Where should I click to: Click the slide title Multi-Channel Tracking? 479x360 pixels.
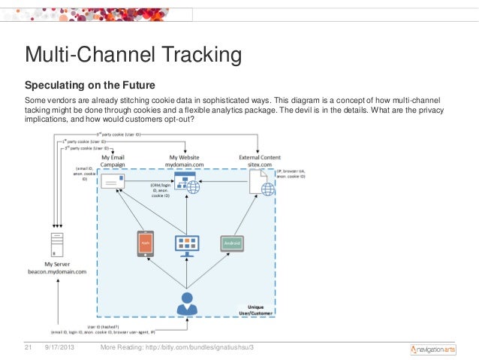(x=133, y=55)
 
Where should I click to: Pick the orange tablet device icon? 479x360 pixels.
(x=146, y=244)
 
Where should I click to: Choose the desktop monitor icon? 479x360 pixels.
(x=186, y=244)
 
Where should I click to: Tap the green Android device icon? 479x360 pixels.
(x=231, y=244)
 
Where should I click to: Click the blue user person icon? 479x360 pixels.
(x=186, y=304)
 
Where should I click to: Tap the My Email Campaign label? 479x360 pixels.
(x=112, y=160)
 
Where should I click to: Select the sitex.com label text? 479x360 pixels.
(x=260, y=164)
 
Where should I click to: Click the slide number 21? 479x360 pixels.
(x=31, y=347)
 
